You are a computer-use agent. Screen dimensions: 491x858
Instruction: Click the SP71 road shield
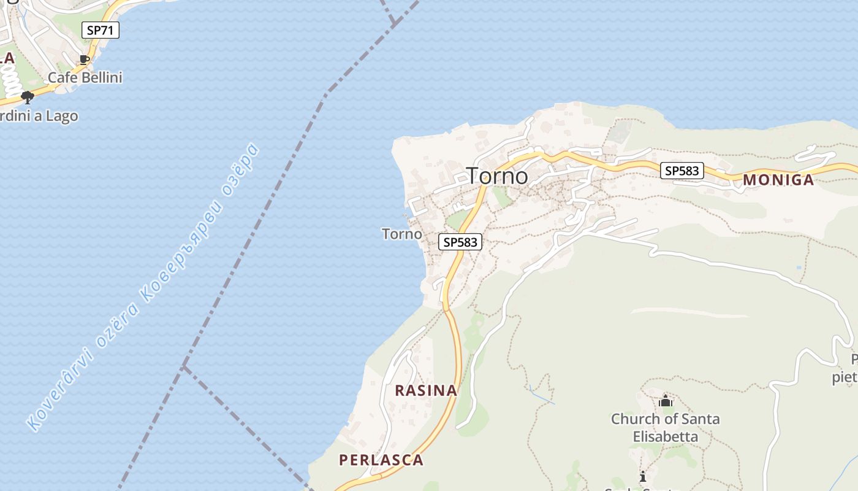[x=101, y=30]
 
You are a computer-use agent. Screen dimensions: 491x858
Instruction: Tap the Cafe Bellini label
[x=85, y=78]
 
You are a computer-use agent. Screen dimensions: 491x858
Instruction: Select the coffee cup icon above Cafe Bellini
[x=85, y=60]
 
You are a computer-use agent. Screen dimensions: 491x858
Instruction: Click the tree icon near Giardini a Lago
[x=27, y=97]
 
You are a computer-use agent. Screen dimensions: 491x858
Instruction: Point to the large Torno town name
[x=497, y=176]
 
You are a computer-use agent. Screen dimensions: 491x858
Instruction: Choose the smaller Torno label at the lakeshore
[x=402, y=234]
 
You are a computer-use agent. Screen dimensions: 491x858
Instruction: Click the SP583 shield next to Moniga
[x=681, y=171]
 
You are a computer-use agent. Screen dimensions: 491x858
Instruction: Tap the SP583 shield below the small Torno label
[x=460, y=242]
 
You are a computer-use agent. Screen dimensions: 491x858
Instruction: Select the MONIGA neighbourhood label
[x=778, y=180]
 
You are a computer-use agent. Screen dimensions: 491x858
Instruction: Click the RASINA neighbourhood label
[x=426, y=390]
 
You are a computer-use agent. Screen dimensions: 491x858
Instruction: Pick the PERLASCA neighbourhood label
[x=381, y=460]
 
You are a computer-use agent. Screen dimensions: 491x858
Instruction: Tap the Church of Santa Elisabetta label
[x=665, y=428]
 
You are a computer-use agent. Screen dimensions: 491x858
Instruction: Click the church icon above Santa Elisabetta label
[x=666, y=402]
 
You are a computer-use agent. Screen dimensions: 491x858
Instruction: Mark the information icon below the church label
[x=642, y=476]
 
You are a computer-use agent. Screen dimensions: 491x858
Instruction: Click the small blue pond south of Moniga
[x=798, y=268]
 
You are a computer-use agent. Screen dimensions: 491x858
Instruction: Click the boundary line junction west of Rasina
[x=184, y=367]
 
